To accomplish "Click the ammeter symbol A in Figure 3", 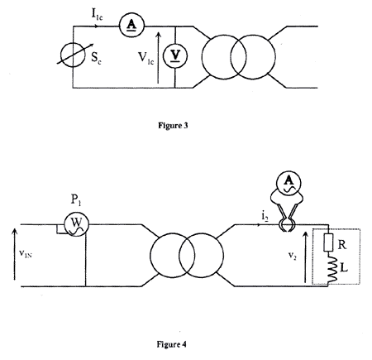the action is [131, 26].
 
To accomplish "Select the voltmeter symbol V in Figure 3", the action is [175, 56].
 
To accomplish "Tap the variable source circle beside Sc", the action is [73, 55].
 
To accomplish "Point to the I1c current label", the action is [97, 14].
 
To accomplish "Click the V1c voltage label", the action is [145, 58].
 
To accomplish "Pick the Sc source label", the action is [96, 58].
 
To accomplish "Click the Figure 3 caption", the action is [173, 126].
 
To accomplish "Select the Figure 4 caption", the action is [171, 344].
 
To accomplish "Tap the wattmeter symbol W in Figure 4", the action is [76, 224].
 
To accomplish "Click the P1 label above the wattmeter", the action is [76, 199].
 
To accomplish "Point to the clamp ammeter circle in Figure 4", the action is [289, 183].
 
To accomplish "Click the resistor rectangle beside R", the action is [328, 242].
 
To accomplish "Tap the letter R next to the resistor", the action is [342, 244].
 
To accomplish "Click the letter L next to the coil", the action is [344, 267].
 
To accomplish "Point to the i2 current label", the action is [265, 217].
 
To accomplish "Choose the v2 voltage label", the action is [293, 256].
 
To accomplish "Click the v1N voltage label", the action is [26, 253].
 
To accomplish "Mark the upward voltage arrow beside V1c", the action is [158, 58].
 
